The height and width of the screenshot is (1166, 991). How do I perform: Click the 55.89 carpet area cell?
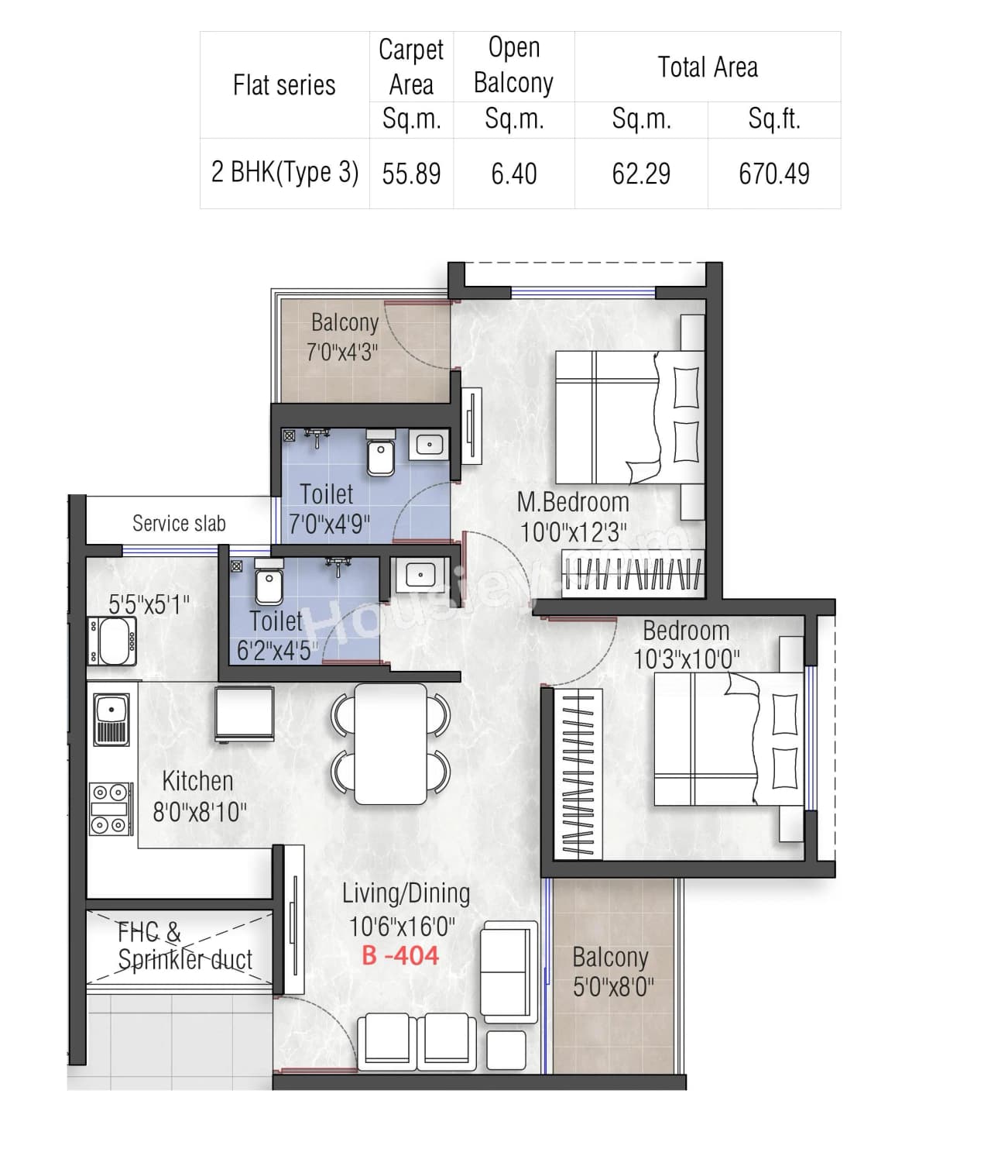[411, 174]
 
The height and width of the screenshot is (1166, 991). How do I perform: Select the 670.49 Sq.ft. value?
[773, 174]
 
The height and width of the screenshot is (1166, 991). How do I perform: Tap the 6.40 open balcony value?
[513, 174]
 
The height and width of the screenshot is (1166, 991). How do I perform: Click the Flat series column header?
[284, 84]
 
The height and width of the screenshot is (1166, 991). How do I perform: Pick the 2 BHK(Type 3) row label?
[284, 172]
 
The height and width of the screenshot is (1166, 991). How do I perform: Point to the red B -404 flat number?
[400, 955]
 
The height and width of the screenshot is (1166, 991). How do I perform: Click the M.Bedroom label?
[573, 502]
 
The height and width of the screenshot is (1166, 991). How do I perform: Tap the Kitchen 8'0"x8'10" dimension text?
[200, 812]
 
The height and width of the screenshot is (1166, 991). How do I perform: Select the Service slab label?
[179, 524]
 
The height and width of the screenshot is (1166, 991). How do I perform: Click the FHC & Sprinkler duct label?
[184, 946]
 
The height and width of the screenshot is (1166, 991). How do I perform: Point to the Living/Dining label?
[406, 893]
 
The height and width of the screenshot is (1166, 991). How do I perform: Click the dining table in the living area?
[390, 744]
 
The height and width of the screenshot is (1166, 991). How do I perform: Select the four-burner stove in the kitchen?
[110, 808]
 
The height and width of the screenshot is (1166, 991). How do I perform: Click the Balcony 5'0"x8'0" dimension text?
[613, 987]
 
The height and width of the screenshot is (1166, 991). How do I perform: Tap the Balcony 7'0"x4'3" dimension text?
[342, 353]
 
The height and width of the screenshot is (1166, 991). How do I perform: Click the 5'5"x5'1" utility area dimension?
[149, 604]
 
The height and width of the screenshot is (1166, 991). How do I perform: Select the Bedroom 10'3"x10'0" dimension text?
[686, 659]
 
